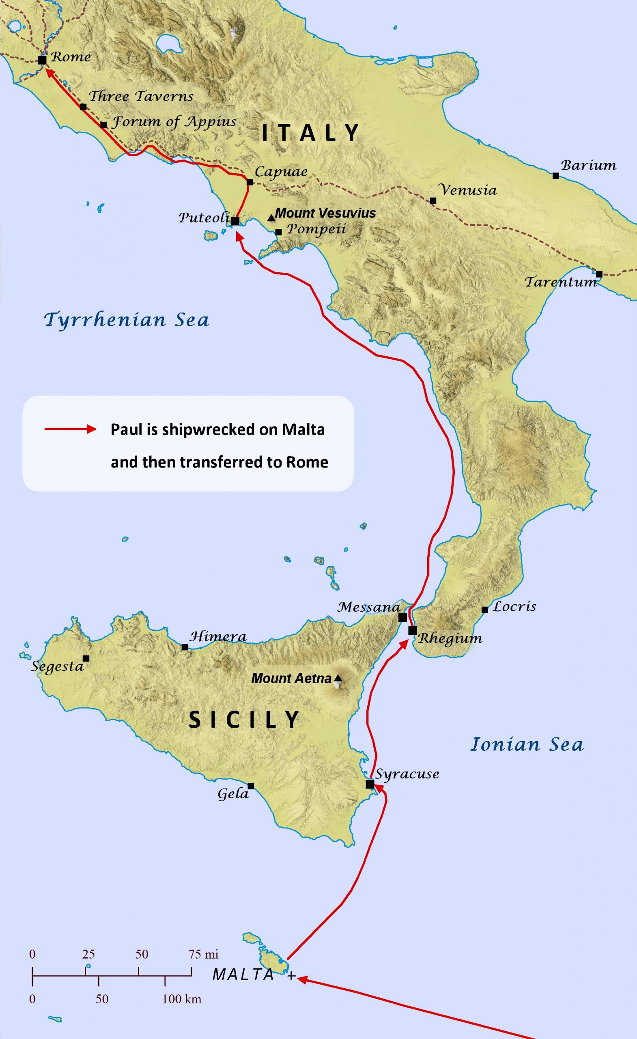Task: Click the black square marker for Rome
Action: click(42, 60)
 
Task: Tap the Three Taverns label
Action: click(141, 96)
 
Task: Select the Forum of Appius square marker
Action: click(104, 125)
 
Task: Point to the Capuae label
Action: click(281, 172)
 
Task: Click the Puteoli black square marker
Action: click(235, 221)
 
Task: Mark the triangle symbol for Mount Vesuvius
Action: click(271, 218)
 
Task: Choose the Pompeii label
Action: click(316, 229)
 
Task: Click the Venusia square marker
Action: click(433, 201)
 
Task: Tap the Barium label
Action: click(588, 165)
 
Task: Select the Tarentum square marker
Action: click(599, 274)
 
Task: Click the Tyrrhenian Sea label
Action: click(127, 320)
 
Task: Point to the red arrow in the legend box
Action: click(71, 429)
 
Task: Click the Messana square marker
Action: click(402, 618)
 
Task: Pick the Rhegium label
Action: click(450, 638)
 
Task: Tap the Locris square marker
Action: click(485, 610)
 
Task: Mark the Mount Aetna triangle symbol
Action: click(338, 679)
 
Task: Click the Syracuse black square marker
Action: click(370, 784)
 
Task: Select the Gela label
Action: click(233, 794)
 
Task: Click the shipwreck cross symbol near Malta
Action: click(291, 976)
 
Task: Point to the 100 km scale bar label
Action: click(182, 999)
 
